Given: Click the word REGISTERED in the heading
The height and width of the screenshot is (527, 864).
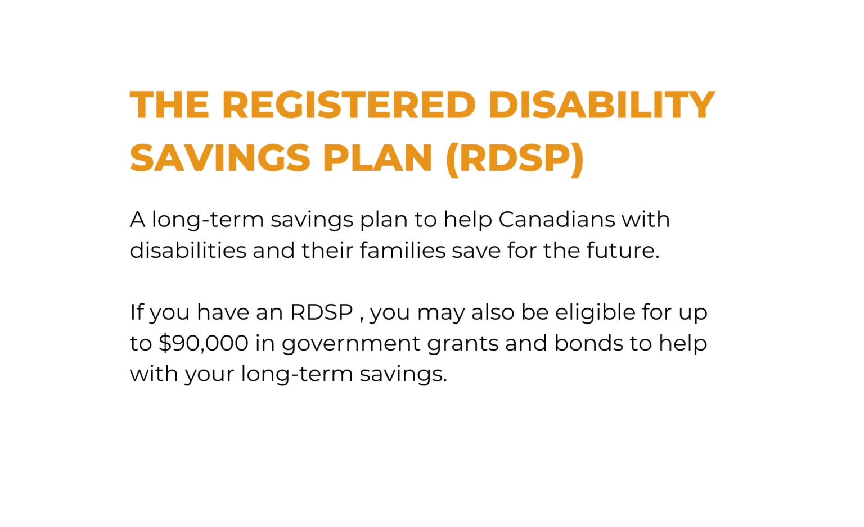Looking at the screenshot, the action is click(349, 105).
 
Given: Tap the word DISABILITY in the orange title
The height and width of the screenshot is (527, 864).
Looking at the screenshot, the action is click(602, 105).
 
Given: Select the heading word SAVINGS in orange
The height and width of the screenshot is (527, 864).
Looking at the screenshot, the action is click(220, 157).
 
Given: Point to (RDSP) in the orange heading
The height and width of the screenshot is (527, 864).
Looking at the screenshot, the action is click(515, 159).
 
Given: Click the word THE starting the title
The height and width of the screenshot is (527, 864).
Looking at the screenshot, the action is click(170, 105).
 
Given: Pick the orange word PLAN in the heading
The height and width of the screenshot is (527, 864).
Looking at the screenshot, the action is click(377, 157).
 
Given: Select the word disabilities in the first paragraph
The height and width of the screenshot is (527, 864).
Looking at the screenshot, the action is click(188, 251).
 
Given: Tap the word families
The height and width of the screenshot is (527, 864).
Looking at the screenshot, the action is click(403, 251).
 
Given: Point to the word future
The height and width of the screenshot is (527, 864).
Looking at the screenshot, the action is click(623, 251).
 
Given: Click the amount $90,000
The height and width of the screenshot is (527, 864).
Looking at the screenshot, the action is click(204, 343).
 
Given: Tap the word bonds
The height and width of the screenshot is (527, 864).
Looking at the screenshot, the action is click(588, 343).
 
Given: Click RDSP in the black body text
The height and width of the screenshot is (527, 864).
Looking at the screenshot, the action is click(322, 312).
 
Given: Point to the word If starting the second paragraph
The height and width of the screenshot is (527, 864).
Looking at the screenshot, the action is click(136, 312).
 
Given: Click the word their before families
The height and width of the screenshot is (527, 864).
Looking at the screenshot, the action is click(327, 251).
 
